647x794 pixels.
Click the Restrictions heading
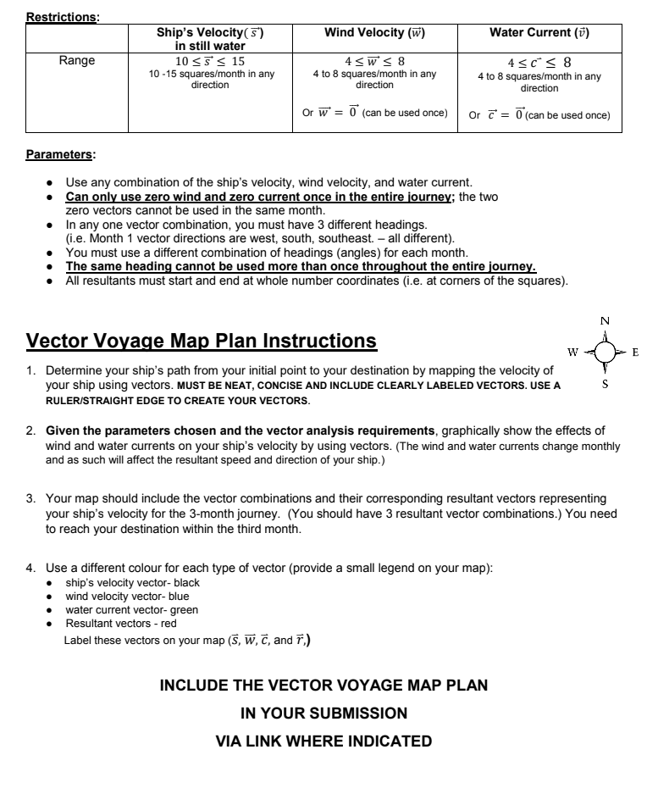(x=63, y=15)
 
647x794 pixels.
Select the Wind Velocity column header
(x=374, y=32)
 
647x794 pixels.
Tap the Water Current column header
(x=539, y=32)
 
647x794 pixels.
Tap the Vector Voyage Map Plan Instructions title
(x=202, y=341)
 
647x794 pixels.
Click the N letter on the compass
(x=604, y=321)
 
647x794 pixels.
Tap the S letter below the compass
(x=604, y=383)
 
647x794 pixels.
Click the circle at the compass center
(x=604, y=352)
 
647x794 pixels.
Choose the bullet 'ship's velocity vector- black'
(x=132, y=583)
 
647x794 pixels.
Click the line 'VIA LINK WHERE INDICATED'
(x=323, y=741)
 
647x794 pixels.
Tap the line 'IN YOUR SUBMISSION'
(x=323, y=713)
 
